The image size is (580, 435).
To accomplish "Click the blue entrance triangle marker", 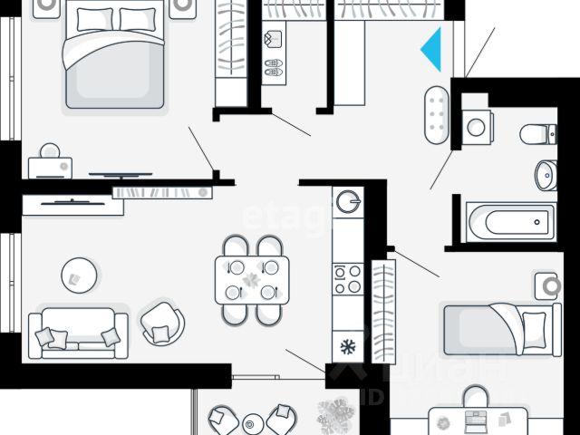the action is (x=433, y=49).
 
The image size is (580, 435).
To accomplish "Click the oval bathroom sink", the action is (x=545, y=174).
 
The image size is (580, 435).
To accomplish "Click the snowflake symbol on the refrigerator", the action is (x=346, y=345).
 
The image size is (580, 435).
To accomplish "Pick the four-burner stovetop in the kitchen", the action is (x=347, y=279).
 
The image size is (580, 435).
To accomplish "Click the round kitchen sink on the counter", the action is (x=347, y=200).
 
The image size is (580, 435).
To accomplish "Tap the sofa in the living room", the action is (x=78, y=333).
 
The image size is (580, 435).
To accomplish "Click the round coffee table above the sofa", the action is (x=80, y=273).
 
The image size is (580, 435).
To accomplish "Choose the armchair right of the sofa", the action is (x=162, y=322).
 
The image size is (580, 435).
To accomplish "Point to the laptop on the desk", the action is (x=475, y=420).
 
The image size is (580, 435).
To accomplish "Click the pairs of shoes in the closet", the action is (x=273, y=68).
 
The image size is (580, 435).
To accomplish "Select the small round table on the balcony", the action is (x=253, y=422).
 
